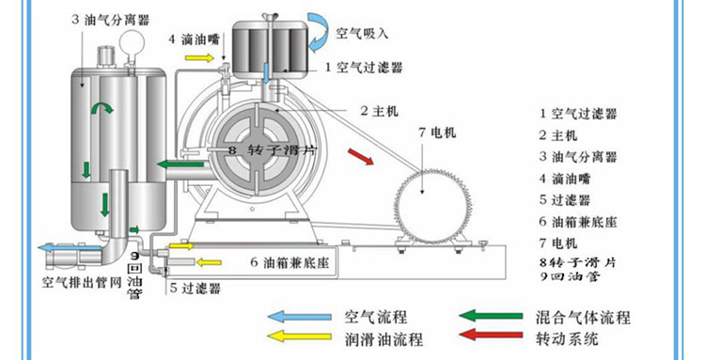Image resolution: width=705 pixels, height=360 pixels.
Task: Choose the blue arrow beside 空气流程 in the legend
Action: (293, 318)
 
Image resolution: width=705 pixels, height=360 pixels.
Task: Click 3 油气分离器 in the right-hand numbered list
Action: (577, 155)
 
